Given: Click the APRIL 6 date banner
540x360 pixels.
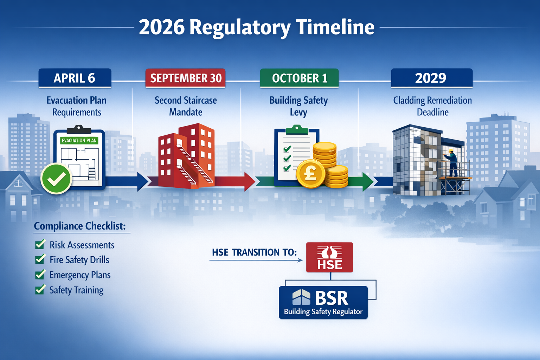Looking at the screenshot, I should [75, 78].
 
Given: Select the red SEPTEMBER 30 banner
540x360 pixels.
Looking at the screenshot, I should [186, 78].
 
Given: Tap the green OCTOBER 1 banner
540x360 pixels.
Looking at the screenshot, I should [299, 78].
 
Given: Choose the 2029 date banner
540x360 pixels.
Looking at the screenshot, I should [431, 78].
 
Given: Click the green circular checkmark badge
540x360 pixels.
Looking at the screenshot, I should [56, 179].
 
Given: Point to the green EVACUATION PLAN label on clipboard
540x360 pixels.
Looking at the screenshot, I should [79, 141].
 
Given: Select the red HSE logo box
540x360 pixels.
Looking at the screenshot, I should [329, 257].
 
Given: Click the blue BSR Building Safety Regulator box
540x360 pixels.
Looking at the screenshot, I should [323, 302].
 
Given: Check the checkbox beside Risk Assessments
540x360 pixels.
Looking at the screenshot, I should [40, 244].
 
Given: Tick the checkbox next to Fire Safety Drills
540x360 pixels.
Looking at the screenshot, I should [40, 259].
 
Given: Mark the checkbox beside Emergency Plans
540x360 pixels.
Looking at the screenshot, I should [40, 275].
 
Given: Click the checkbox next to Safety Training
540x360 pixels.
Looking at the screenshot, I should [40, 290].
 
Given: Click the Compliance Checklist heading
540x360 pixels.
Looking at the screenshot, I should [80, 226].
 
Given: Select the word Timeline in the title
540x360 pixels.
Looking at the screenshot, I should [335, 27].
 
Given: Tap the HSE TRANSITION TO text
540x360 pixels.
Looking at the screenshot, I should [254, 252].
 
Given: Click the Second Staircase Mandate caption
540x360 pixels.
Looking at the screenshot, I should [186, 106].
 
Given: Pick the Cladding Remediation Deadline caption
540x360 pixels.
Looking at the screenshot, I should [432, 106].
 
